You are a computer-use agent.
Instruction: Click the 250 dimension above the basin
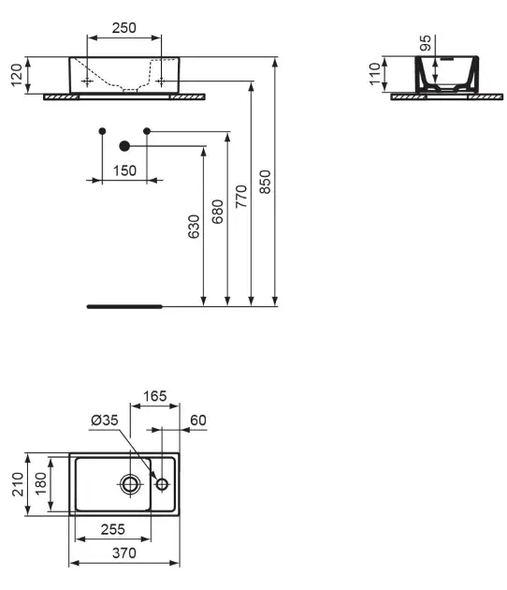123,28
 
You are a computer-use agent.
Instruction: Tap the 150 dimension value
123,170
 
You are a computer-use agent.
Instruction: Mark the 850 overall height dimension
265,181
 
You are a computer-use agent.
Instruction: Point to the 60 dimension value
197,420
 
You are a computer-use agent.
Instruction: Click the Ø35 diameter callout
105,421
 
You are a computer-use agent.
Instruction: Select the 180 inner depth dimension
41,483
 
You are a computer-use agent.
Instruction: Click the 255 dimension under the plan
112,530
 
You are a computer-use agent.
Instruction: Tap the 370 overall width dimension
123,553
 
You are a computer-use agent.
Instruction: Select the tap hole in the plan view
162,484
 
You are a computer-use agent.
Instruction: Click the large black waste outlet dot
124,145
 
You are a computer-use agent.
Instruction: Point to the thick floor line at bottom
123,305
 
